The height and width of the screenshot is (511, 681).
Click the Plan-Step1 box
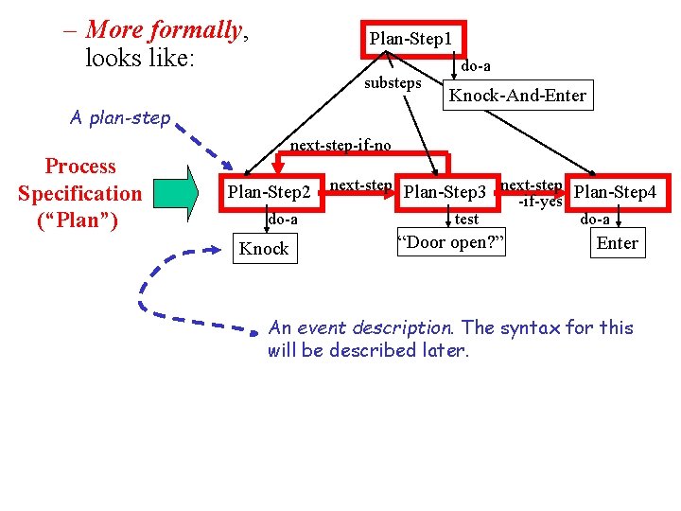pyautogui.click(x=410, y=40)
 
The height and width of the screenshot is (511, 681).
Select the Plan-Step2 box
pyautogui.click(x=270, y=193)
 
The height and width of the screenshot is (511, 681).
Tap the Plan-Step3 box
pyautogui.click(x=445, y=193)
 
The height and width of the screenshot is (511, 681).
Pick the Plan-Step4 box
pyautogui.click(x=615, y=192)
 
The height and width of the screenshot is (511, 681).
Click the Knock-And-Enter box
pyautogui.click(x=517, y=96)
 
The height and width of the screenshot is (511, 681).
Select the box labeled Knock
pyautogui.click(x=264, y=249)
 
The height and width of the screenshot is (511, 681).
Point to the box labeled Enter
pyautogui.click(x=617, y=243)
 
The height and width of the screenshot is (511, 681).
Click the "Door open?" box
pyautogui.click(x=450, y=242)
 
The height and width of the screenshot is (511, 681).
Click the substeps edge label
pyautogui.click(x=393, y=83)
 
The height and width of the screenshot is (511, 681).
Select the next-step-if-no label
pyautogui.click(x=340, y=146)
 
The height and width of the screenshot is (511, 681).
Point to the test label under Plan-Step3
pyautogui.click(x=466, y=220)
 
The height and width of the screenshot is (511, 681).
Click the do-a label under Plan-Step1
pyautogui.click(x=475, y=66)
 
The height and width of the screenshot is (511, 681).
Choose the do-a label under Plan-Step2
pyautogui.click(x=282, y=220)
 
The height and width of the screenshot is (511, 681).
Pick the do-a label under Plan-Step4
pyautogui.click(x=595, y=220)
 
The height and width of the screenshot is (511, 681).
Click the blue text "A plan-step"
pyautogui.click(x=120, y=118)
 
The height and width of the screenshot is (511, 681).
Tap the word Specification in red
pyautogui.click(x=79, y=194)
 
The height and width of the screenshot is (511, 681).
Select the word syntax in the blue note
pyautogui.click(x=530, y=328)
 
